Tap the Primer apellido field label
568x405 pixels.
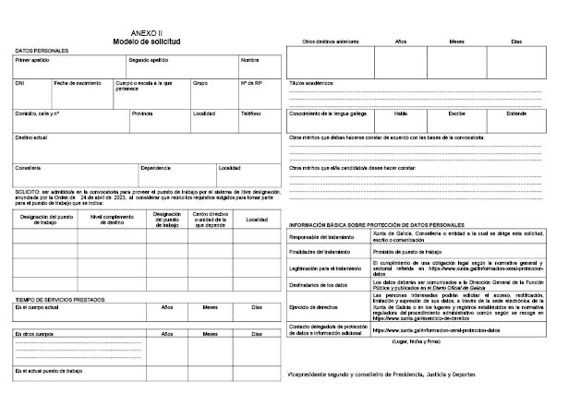tap(33, 60)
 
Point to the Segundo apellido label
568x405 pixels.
tap(149, 60)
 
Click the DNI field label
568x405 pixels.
tap(20, 83)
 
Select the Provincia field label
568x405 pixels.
tap(142, 113)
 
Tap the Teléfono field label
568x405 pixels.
tap(250, 113)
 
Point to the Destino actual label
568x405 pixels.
tap(31, 137)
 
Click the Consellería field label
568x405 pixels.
tap(29, 168)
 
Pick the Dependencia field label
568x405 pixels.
tap(156, 168)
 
